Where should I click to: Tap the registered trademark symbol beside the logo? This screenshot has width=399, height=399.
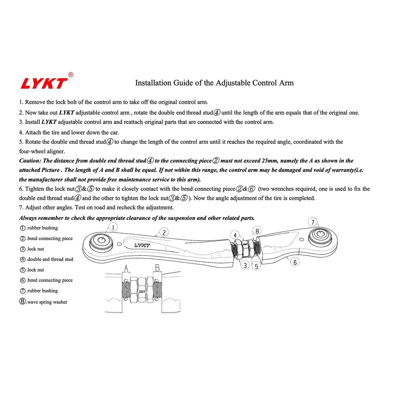point(71,75)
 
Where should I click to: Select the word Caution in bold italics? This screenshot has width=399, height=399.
point(30,161)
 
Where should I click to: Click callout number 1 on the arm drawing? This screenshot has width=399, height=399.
point(113,227)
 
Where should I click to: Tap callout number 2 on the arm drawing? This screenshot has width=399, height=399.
point(164,232)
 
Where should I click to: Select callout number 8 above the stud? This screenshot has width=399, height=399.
point(257,231)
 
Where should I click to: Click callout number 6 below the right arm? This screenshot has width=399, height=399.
point(295,262)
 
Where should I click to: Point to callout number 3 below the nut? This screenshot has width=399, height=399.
point(246,265)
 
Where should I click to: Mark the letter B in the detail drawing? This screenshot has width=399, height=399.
point(157,268)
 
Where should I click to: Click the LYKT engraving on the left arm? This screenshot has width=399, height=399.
point(142,245)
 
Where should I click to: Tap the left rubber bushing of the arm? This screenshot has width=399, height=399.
point(101,241)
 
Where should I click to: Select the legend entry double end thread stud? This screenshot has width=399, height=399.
point(46,259)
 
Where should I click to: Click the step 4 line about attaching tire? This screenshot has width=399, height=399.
point(69,133)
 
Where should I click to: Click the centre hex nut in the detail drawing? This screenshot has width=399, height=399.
point(141,291)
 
